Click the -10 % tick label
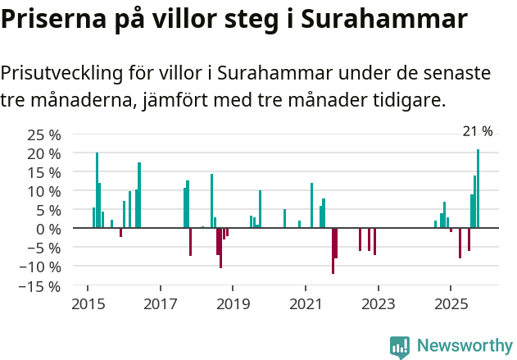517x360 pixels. point(40,267)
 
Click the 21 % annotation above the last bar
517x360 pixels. point(478,131)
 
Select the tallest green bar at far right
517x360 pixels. point(478,189)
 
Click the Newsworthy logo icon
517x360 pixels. point(400,347)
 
